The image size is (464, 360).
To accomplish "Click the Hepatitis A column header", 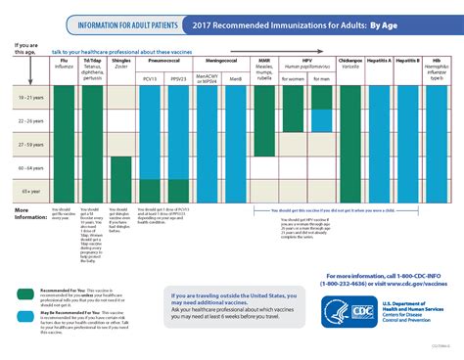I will point(380,61).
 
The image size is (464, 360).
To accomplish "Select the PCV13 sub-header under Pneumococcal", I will point(150,76).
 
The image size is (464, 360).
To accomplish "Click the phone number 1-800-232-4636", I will point(348,285).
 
